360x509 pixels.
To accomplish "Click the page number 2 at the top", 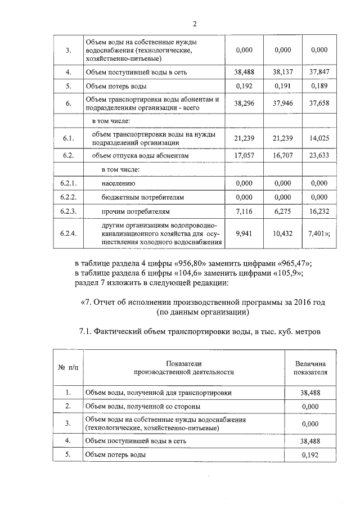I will (x=195, y=24).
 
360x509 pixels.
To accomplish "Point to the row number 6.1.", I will (x=68, y=138).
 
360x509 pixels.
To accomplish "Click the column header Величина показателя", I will (x=310, y=367).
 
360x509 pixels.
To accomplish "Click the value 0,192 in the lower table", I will (x=310, y=454).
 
